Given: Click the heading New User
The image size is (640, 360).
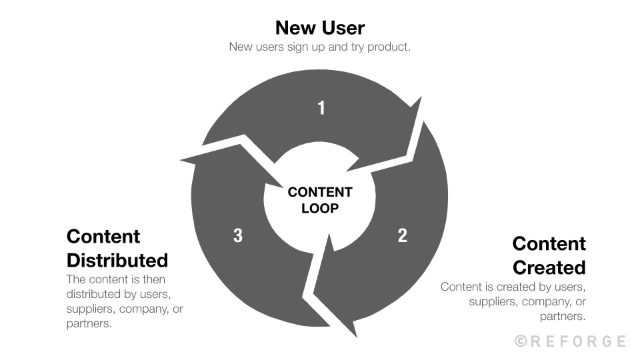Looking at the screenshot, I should click(320, 28).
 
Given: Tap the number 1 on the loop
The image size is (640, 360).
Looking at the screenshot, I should click(321, 107).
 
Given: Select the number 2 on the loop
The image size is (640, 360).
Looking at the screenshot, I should click(403, 235).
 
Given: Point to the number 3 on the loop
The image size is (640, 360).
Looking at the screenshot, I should click(237, 235).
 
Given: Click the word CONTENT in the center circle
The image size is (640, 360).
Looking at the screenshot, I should click(320, 193).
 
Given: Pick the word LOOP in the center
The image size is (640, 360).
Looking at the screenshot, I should click(320, 208).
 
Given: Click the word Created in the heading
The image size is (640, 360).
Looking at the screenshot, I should click(549, 267).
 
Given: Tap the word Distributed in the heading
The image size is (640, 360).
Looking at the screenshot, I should click(117, 259).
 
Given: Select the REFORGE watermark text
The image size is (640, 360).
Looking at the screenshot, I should click(579, 341).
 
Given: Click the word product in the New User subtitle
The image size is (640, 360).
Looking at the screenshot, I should click(389, 47).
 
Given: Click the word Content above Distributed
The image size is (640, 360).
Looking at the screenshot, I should click(103, 237).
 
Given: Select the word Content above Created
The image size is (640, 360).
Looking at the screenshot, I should click(549, 243).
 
